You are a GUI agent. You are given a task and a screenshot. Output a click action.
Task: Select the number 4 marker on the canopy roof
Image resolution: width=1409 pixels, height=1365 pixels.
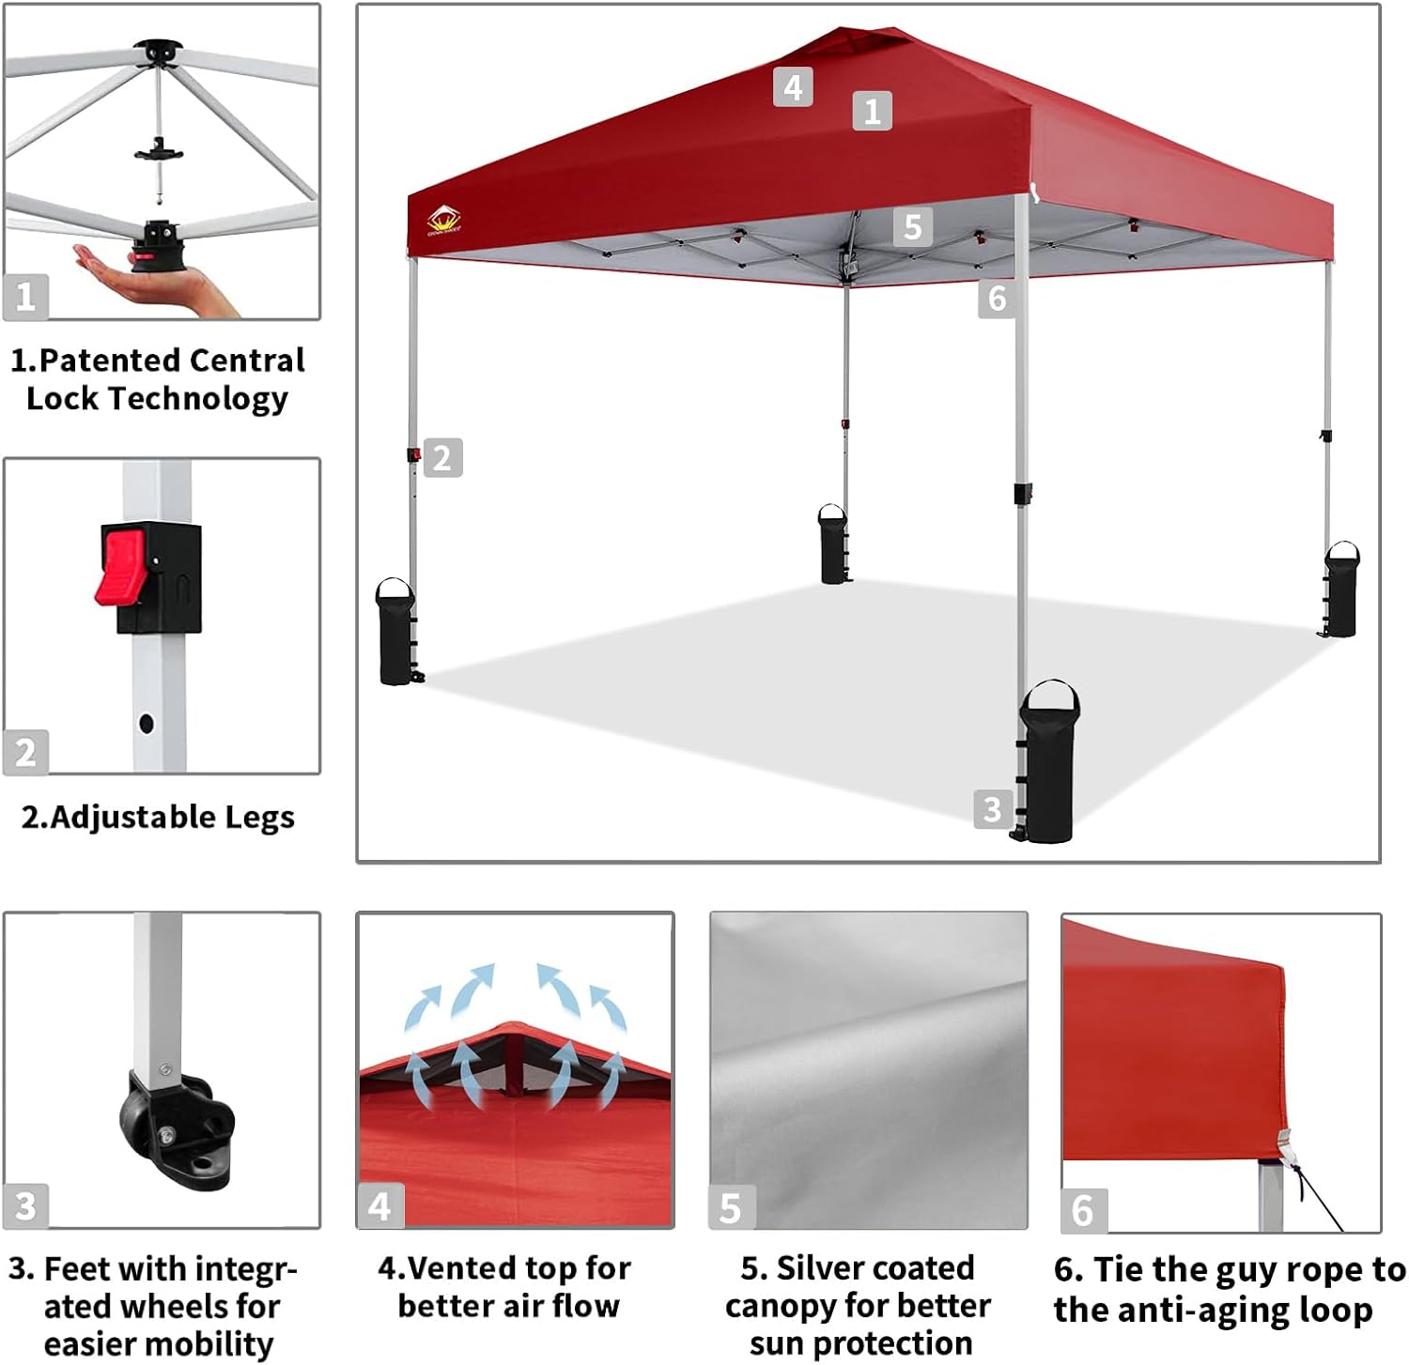(793, 87)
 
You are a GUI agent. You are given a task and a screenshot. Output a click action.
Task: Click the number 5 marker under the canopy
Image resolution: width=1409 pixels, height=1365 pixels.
(912, 227)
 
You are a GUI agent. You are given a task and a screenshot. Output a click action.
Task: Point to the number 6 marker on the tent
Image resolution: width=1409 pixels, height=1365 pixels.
(997, 299)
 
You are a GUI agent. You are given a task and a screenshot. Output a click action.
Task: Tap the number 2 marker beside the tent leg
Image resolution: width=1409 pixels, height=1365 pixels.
(442, 458)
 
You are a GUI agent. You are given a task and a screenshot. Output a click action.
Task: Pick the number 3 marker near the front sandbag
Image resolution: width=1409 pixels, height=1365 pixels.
(992, 808)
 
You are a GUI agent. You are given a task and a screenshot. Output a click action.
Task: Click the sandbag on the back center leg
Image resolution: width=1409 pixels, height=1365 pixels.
(832, 545)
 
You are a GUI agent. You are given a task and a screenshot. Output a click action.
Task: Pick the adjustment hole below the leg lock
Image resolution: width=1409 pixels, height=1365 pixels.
(147, 723)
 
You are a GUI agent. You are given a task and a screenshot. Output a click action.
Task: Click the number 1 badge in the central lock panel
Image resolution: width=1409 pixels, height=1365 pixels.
(25, 298)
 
